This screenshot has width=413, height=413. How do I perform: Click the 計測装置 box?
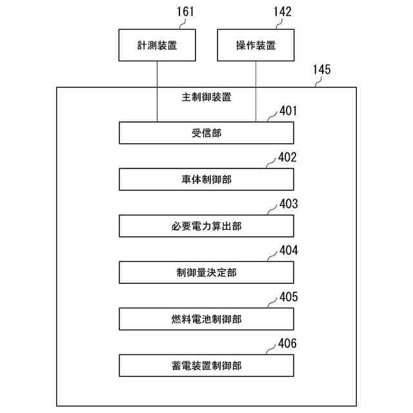click(x=157, y=45)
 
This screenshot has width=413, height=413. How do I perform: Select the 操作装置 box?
click(x=256, y=45)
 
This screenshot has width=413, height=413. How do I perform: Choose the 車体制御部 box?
click(x=206, y=179)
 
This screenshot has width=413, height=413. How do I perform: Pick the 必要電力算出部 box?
click(x=206, y=226)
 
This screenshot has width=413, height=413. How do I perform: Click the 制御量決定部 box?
click(x=206, y=272)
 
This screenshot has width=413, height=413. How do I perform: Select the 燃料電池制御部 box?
click(x=206, y=319)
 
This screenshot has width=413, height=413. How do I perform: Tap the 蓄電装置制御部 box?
click(x=206, y=365)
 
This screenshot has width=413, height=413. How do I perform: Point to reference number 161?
click(x=184, y=12)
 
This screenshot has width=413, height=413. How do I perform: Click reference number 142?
click(x=282, y=12)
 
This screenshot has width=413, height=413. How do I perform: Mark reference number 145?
click(x=321, y=69)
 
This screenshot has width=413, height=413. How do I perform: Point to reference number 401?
click(x=288, y=111)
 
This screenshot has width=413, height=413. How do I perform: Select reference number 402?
click(x=288, y=157)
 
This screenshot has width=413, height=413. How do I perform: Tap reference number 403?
click(x=288, y=204)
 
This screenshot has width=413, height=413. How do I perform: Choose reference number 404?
click(x=288, y=250)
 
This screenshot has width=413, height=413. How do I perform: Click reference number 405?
click(x=288, y=297)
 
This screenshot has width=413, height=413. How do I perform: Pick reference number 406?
click(x=288, y=343)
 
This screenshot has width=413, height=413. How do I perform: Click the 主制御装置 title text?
click(x=206, y=98)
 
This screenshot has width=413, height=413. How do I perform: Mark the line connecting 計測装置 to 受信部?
click(x=157, y=90)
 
